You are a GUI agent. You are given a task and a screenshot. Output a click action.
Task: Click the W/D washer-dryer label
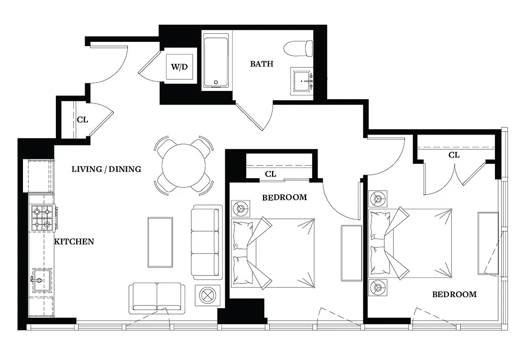(179, 67)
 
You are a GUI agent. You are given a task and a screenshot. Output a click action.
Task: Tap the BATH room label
(262, 64)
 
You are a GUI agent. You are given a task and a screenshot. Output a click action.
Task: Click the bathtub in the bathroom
(216, 63)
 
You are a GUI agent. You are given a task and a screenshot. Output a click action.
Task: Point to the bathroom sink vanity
(302, 81)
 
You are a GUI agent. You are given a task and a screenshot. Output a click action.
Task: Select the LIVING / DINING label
(106, 169)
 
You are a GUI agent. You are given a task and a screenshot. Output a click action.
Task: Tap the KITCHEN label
(74, 242)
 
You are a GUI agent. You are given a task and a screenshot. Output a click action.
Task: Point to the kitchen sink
(41, 280)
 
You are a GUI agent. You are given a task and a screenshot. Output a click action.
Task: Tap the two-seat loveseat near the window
(157, 298)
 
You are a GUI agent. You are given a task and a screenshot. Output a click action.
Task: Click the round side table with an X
(207, 295)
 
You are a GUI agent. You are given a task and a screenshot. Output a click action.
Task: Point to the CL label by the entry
(82, 120)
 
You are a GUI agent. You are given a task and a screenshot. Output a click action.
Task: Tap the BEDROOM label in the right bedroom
(454, 295)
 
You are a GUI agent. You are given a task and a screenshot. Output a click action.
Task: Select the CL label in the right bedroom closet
(454, 155)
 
